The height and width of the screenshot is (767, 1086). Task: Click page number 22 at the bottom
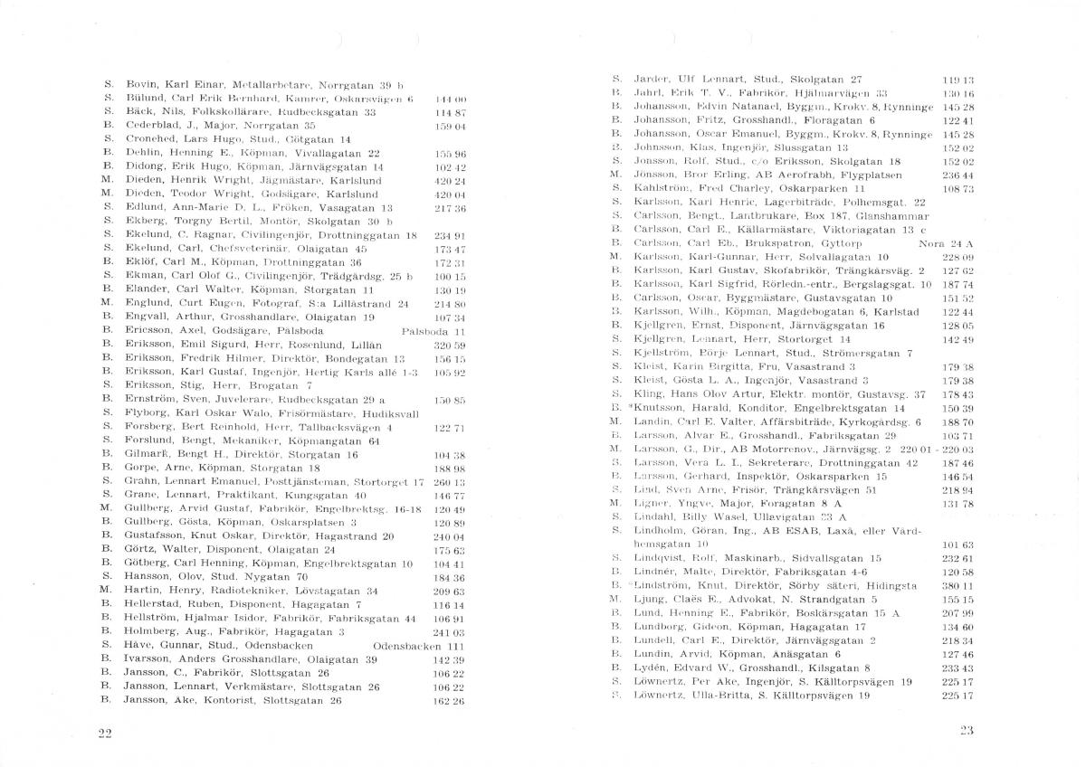104,732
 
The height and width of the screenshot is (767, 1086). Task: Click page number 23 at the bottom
966,730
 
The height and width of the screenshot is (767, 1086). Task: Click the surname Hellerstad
156,604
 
